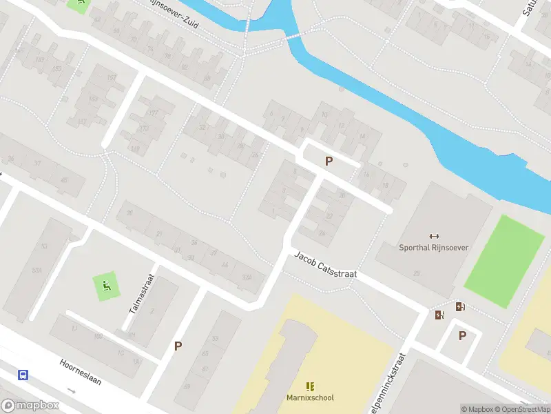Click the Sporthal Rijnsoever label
pos(434,247)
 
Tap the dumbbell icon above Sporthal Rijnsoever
pos(434,235)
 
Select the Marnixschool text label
pos(310,397)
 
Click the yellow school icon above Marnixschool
pos(310,386)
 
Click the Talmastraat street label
pos(142,295)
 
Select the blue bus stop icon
pos(23,375)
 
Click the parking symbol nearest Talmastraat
pos(178,346)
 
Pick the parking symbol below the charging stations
pos(462,336)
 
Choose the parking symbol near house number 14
pos(329,161)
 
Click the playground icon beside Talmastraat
pos(105,286)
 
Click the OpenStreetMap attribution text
pos(523,409)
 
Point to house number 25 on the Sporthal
pos(416,274)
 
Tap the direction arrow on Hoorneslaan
pos(72,390)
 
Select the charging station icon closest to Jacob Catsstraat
pos(439,315)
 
